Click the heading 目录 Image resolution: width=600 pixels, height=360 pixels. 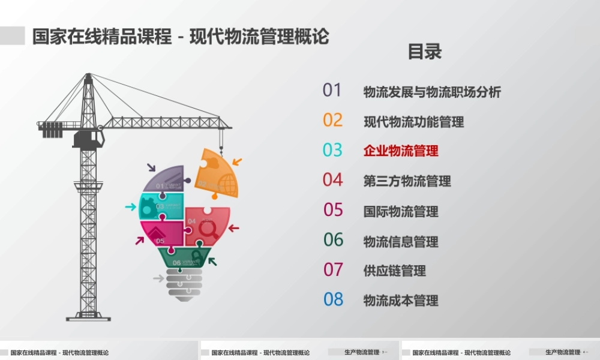coord(425,52)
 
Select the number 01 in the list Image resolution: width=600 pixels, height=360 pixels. coord(332,90)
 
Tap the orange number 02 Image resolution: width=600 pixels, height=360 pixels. coord(332,120)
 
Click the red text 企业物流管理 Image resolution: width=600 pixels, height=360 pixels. coord(401,151)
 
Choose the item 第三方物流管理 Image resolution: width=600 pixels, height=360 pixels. coord(407,181)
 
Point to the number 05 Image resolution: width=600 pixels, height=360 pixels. coord(333,210)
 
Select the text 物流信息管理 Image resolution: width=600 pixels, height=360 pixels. coord(401,241)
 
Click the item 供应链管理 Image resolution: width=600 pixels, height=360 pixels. coord(394,271)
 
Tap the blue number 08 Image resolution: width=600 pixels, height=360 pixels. coord(333,299)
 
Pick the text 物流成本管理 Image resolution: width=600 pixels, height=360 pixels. coord(401,301)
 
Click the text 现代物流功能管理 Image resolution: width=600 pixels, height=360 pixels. coord(413,122)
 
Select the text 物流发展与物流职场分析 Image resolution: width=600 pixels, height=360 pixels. coord(432,92)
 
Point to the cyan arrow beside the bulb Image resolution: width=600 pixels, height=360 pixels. coord(130,207)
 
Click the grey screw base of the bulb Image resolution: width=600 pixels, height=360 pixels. coord(184,284)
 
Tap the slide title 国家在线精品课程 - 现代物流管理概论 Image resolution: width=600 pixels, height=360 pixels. coord(180,36)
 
